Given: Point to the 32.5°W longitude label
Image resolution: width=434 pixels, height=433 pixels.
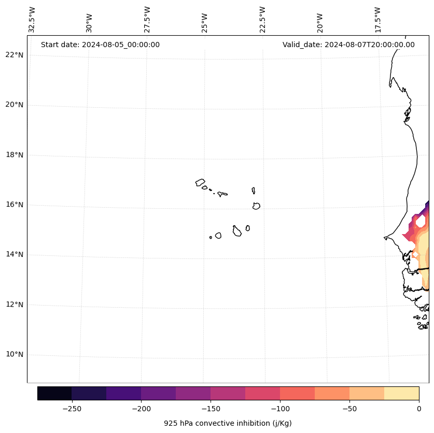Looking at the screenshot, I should click(32, 20).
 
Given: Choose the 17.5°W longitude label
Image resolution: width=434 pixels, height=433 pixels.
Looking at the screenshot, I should click(377, 20).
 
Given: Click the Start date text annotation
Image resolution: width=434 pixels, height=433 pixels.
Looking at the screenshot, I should click(100, 45).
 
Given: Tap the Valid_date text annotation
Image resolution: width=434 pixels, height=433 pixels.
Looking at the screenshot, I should click(348, 45).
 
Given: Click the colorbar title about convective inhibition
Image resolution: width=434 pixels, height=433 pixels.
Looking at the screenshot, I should click(228, 423).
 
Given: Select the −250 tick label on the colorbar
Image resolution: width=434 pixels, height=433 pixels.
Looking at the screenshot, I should click(72, 409).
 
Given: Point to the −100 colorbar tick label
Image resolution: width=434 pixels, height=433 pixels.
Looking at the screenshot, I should click(280, 409).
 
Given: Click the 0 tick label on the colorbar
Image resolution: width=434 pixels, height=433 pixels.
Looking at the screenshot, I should click(419, 409).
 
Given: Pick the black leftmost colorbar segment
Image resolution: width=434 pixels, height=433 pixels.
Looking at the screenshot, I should click(54, 393).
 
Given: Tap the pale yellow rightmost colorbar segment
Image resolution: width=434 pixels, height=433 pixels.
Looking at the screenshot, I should click(401, 393).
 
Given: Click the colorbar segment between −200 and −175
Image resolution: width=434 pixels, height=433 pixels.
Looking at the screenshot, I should click(158, 393).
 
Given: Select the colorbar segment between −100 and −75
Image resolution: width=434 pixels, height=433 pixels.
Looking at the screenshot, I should click(297, 393).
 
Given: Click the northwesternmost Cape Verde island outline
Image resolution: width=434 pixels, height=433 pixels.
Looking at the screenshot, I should click(200, 182).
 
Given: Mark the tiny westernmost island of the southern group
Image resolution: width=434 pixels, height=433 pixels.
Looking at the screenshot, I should click(211, 237).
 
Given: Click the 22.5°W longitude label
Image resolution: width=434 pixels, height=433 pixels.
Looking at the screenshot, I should click(262, 20).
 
